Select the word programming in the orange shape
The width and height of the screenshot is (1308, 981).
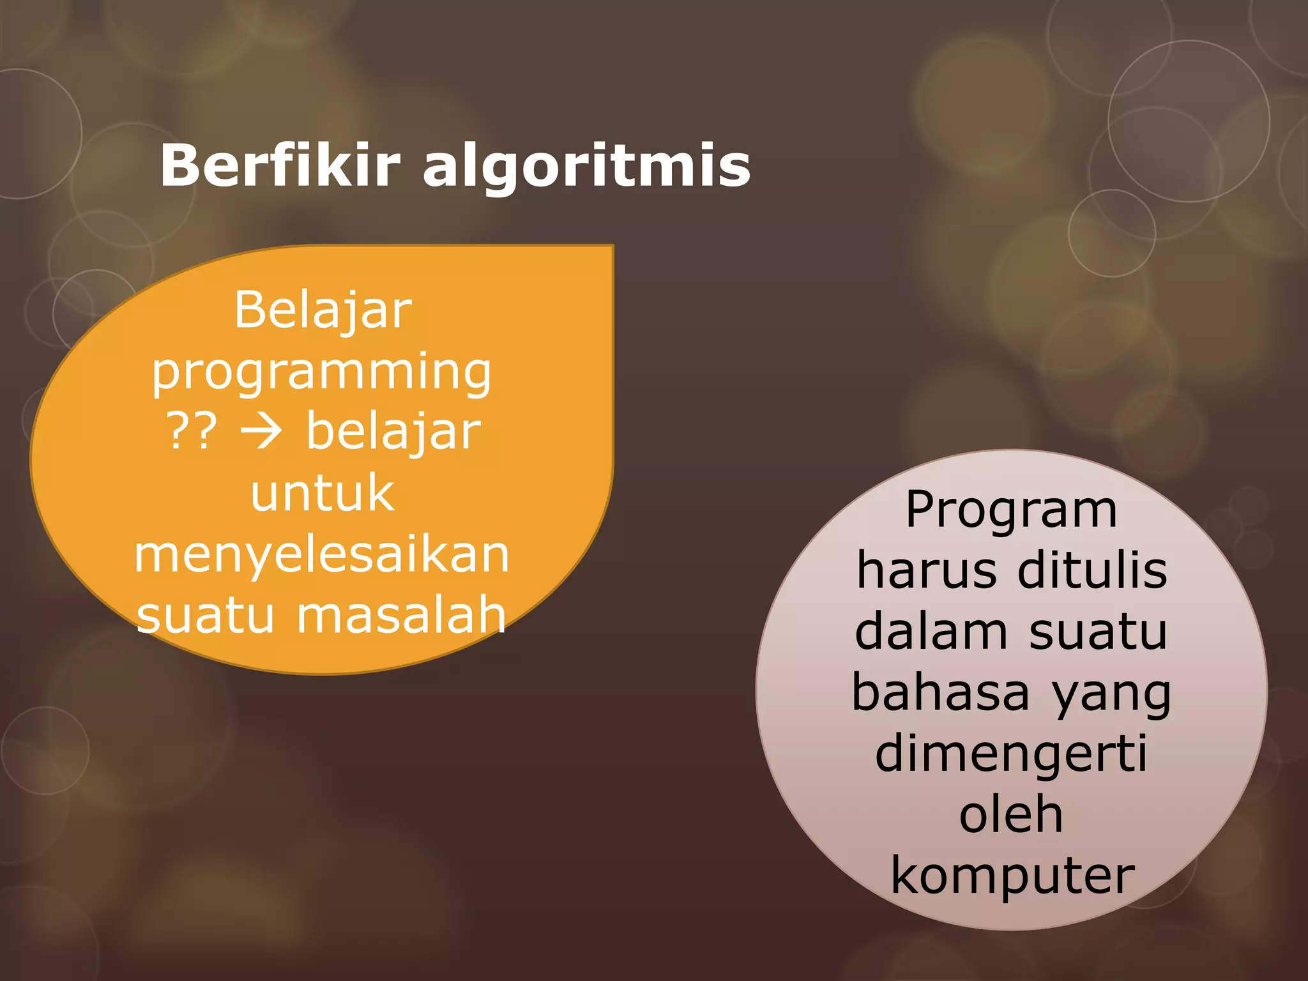pyautogui.click(x=321, y=373)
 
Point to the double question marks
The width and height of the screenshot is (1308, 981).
pyautogui.click(x=192, y=431)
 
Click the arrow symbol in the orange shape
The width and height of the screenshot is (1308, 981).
pyautogui.click(x=261, y=431)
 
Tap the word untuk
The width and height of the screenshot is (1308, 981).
pyautogui.click(x=323, y=492)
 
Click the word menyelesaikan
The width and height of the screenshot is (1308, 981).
pyautogui.click(x=321, y=554)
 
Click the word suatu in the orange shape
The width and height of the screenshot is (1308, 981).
pyautogui.click(x=205, y=614)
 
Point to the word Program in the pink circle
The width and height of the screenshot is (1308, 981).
pyautogui.click(x=1011, y=512)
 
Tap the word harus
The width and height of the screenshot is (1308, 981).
pyautogui.click(x=926, y=570)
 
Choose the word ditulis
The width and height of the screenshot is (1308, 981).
pyautogui.click(x=1092, y=570)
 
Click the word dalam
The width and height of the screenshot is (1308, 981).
pyautogui.click(x=931, y=631)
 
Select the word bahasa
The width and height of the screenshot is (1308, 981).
pyautogui.click(x=940, y=692)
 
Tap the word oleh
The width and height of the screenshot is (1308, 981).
pyautogui.click(x=1011, y=814)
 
